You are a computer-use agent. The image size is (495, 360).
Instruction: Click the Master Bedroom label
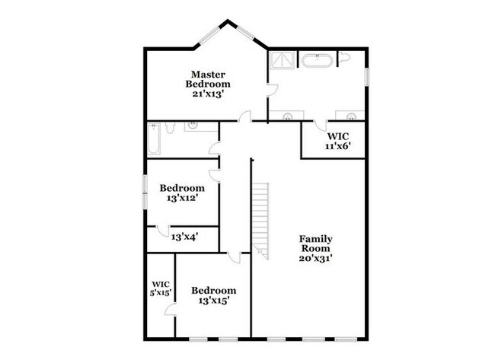pos(208,79)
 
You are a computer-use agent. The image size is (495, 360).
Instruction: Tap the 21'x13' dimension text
pos(208,94)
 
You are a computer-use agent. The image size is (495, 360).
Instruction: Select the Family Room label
pos(316,244)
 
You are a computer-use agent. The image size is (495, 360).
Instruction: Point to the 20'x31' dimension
pos(316,258)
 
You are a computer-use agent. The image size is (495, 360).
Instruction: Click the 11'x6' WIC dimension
pos(338,146)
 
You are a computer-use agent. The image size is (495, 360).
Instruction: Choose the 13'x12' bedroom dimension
pos(182,198)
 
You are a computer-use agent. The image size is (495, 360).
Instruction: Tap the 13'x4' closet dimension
pos(185,237)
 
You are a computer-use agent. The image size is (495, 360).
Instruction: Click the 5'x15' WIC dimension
pos(161,293)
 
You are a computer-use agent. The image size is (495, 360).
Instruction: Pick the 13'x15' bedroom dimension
pos(214,301)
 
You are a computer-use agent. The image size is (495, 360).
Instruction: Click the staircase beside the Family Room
pos(260,221)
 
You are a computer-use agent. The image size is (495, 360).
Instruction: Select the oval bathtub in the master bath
pos(317,61)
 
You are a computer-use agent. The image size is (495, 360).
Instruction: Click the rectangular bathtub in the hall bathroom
pos(154,139)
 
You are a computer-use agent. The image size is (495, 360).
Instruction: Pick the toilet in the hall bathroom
pos(170,127)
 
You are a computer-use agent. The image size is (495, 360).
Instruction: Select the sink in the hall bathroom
pos(193,126)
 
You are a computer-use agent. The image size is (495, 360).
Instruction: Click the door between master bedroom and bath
pos(272,91)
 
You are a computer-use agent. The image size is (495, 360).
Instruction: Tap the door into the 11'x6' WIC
pos(321,126)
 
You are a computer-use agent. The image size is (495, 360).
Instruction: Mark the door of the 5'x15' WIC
pos(171,310)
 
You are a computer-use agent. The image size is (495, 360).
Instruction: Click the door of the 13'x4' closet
pos(163,231)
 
